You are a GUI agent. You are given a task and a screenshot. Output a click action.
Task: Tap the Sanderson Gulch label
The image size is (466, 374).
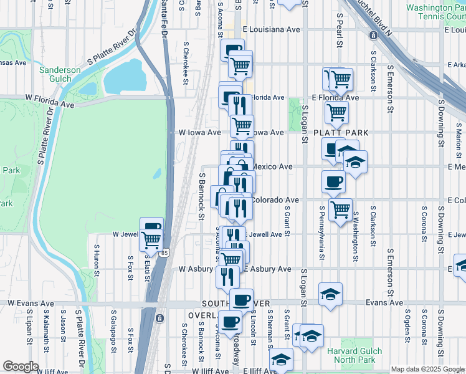coord(60,74)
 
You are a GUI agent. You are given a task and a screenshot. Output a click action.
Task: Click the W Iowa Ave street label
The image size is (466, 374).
coord(200,133)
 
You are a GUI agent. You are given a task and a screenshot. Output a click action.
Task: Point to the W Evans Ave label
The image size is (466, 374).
coord(29,302)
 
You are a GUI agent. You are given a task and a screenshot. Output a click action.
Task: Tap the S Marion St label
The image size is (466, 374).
coord(458,140)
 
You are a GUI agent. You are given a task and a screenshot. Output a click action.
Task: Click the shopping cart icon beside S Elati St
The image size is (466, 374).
coord(151,239)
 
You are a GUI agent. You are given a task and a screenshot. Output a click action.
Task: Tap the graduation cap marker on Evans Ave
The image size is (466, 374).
coord(330,292)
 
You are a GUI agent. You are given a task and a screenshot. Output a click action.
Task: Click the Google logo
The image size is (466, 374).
coord(21,367)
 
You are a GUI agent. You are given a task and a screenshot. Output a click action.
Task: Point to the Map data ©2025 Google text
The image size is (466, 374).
coord(427,369)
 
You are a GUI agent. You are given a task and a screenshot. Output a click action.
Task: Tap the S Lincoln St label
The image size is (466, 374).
coord(254,328)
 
